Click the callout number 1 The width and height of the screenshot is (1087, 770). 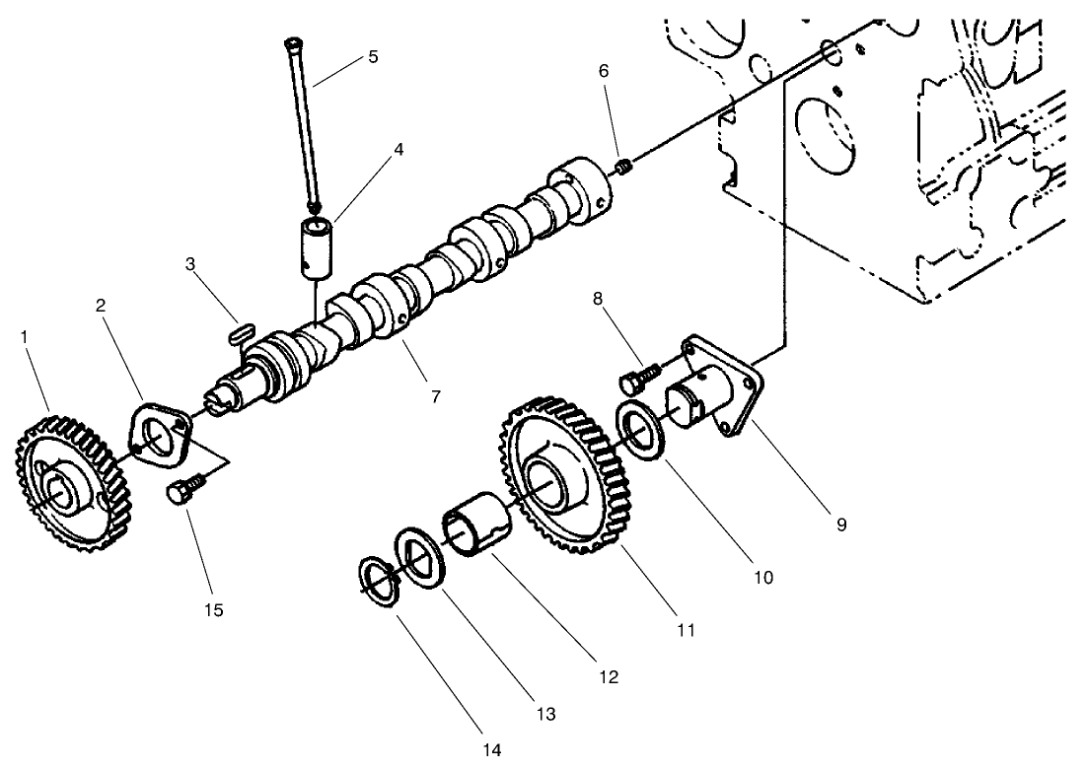pos(24,337)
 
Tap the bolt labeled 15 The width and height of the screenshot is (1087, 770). pos(186,489)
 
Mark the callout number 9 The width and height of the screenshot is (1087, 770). pos(841,525)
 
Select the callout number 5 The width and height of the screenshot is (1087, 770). pos(372,56)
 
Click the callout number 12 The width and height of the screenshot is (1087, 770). pos(609,677)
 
